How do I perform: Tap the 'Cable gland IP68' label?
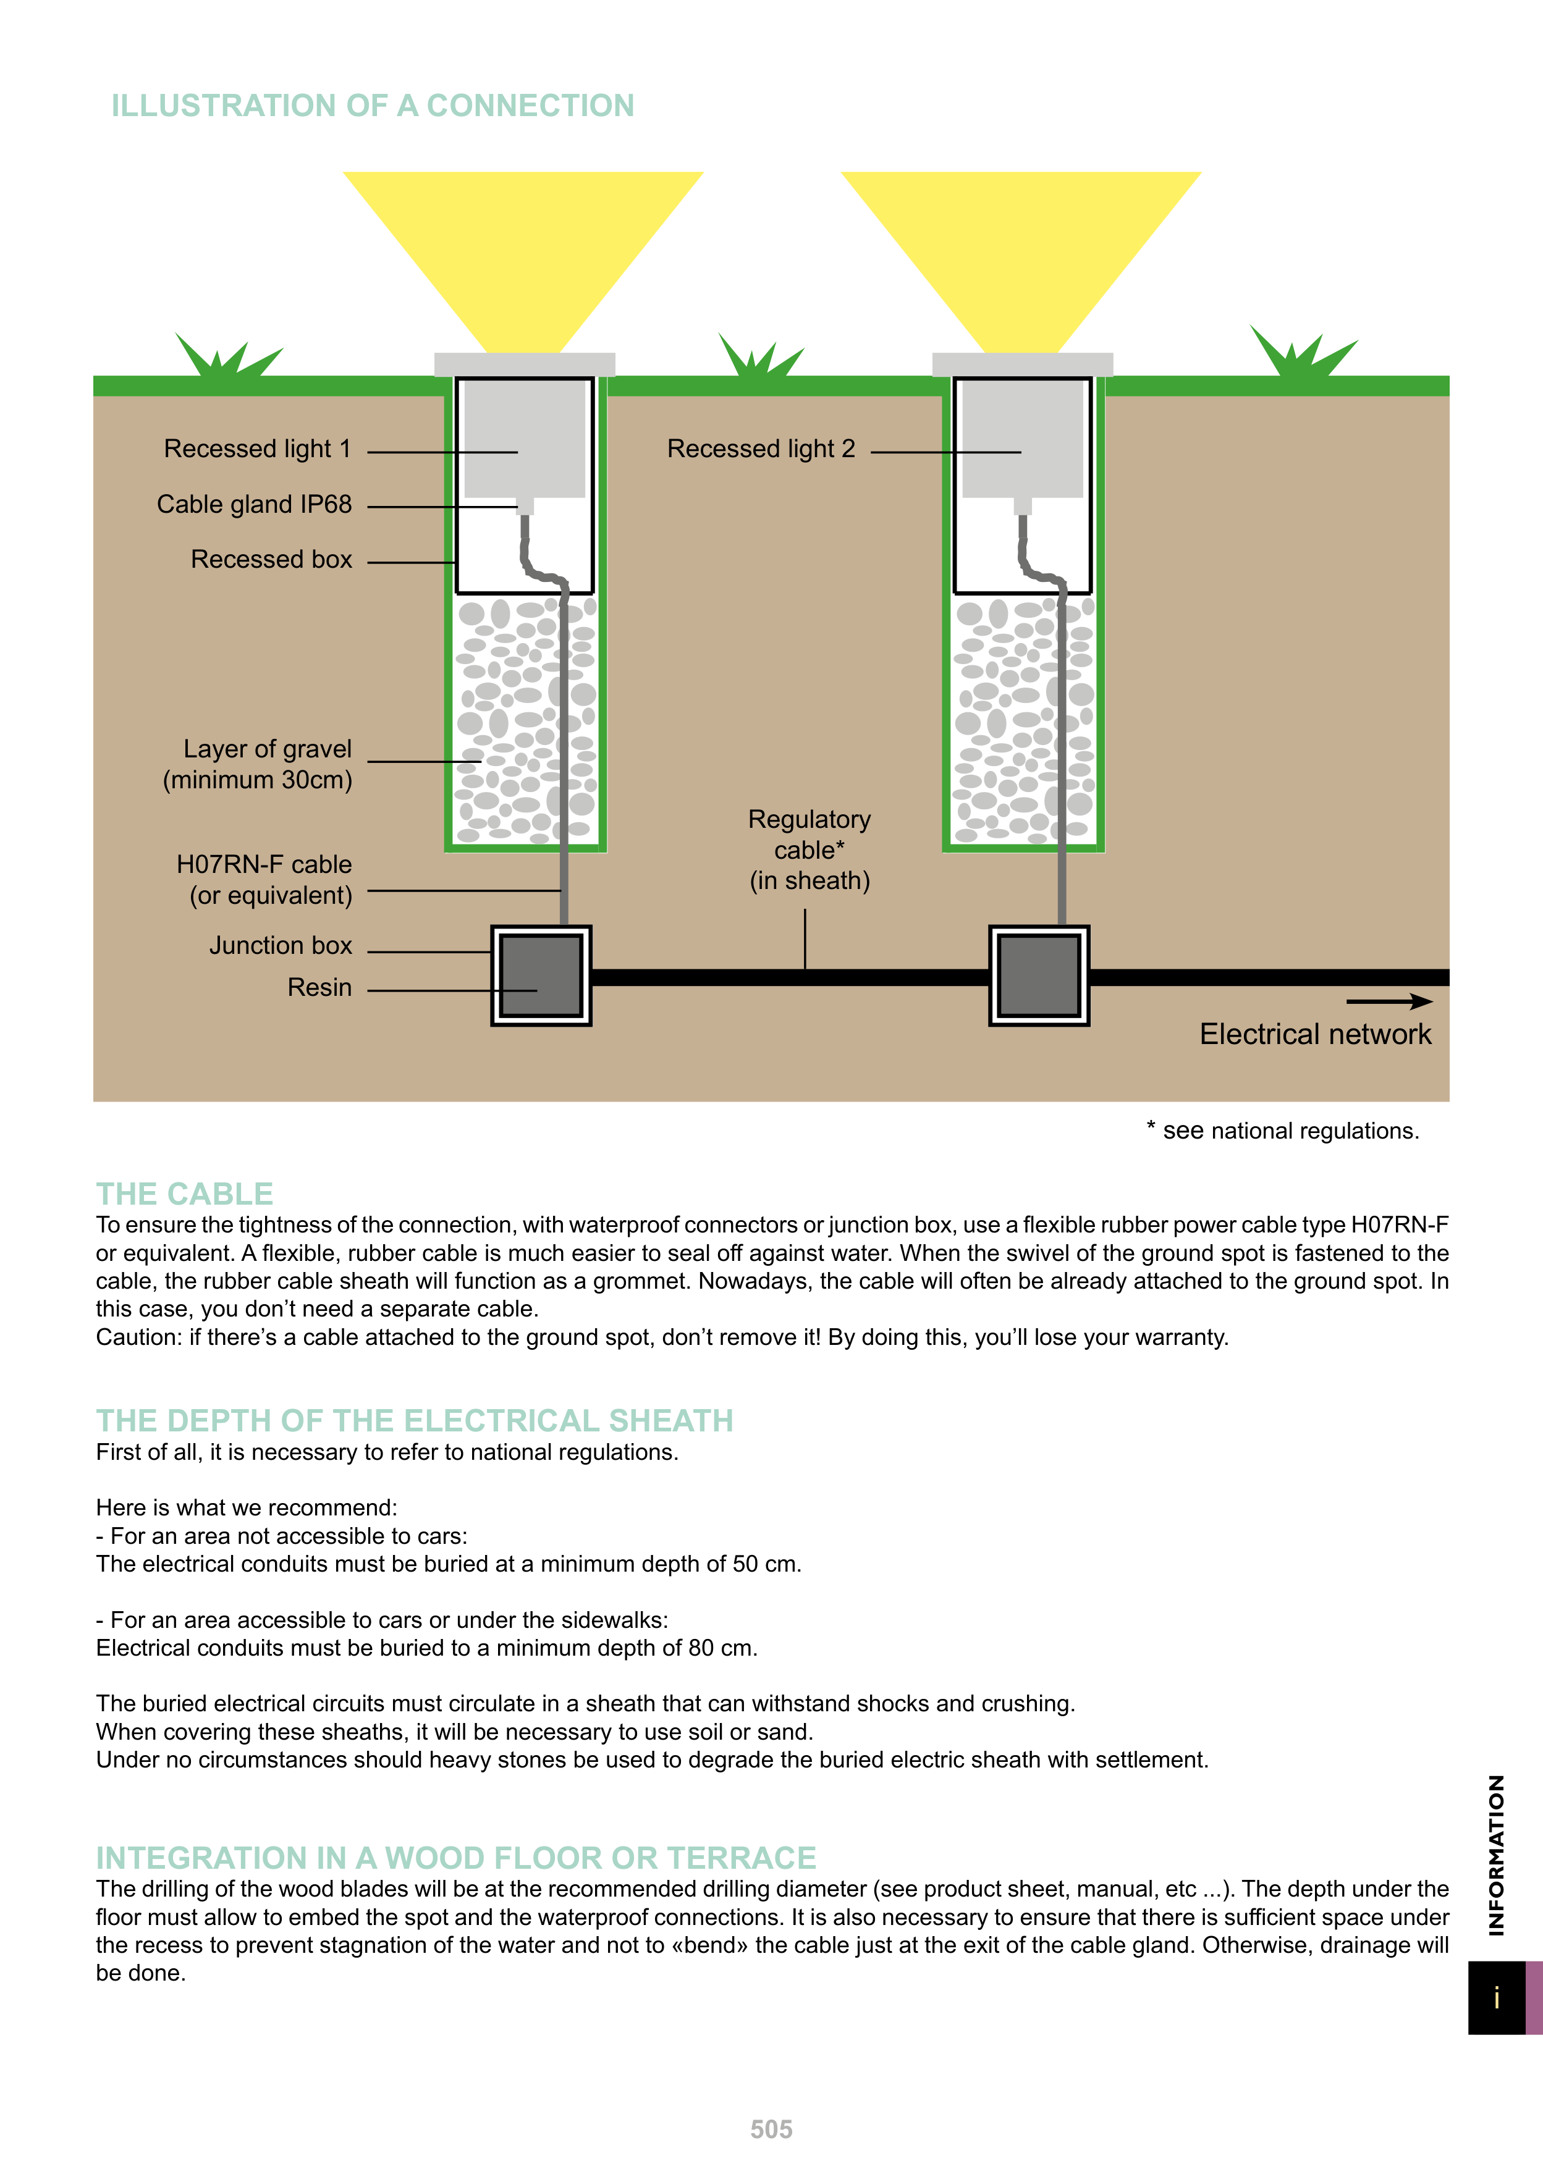[254, 505]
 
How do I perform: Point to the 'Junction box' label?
[281, 946]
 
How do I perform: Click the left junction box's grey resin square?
[541, 975]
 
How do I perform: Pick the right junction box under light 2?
[1039, 975]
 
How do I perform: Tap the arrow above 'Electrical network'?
[1389, 1001]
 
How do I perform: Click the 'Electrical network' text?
[1315, 1034]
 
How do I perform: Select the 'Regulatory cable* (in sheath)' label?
[809, 849]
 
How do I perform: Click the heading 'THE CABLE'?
[184, 1194]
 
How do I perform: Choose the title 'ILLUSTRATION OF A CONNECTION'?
[373, 106]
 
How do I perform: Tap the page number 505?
[771, 2129]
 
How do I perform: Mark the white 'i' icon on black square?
[1497, 1998]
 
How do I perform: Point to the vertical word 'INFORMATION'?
[1497, 1855]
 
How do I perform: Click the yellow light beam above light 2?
[1021, 247]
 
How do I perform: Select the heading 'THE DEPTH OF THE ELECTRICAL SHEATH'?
[415, 1421]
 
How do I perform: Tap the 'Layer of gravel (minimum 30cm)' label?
[258, 764]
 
